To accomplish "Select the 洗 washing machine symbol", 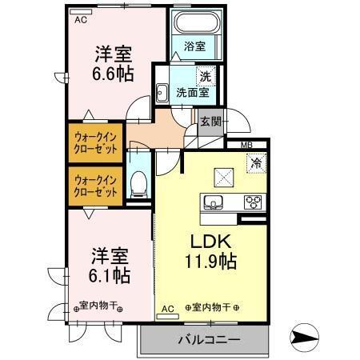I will (206, 77).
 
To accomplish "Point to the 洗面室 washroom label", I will (193, 93).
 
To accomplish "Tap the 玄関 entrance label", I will (210, 122).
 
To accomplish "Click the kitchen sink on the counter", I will (214, 202).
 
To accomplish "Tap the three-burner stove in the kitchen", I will (253, 202).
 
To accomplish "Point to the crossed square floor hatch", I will (223, 177).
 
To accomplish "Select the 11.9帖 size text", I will (210, 261).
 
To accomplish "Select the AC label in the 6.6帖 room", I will (82, 21).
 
